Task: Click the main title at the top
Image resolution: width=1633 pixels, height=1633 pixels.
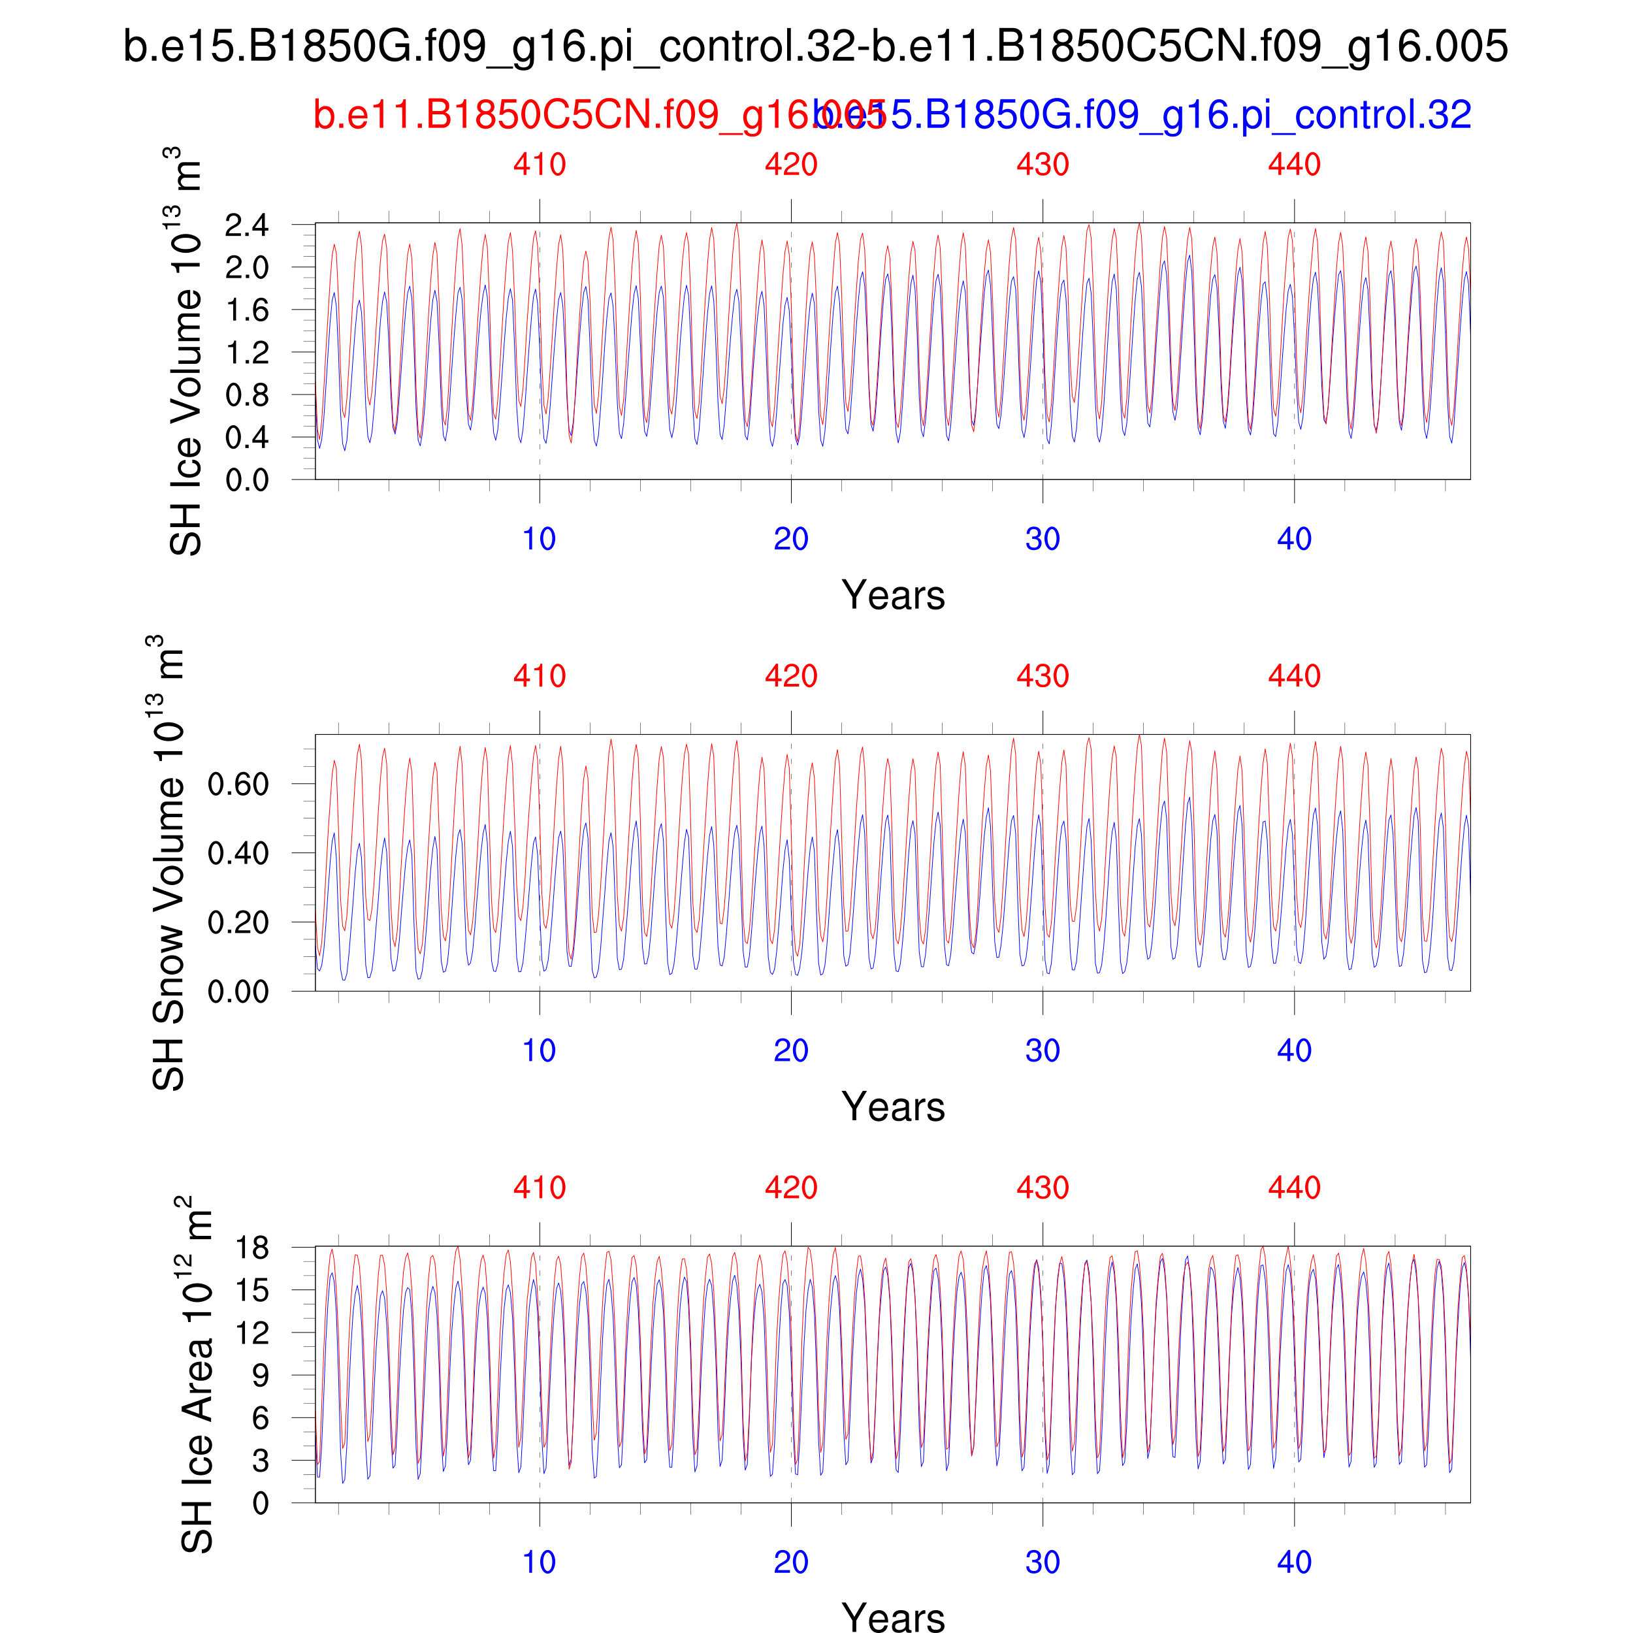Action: coord(816,46)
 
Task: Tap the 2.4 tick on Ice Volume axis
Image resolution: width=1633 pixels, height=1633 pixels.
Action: coord(247,225)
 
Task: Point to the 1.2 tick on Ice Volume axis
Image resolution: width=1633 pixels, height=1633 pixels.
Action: coord(247,353)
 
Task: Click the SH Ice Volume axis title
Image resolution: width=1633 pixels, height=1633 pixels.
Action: coord(186,351)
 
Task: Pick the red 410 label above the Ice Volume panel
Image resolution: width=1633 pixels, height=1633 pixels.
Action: coord(540,164)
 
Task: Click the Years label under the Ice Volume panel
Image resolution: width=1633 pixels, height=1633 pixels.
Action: coord(892,596)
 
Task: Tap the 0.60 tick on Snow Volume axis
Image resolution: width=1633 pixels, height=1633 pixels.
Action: coord(238,784)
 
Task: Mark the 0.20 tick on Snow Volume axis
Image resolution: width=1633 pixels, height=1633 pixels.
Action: coord(238,922)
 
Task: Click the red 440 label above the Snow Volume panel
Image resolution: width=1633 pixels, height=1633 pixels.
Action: coord(1294,676)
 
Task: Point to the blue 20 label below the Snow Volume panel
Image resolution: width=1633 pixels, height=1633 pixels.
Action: coord(791,1050)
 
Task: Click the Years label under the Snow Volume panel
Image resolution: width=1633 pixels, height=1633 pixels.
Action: coord(892,1107)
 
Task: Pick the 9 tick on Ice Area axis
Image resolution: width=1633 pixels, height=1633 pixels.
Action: coord(261,1375)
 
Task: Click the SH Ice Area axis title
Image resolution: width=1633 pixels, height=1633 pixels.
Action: coord(196,1374)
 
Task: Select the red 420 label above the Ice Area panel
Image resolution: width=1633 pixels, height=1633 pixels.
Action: coord(791,1188)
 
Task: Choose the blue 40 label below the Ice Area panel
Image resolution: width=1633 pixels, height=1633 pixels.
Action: coord(1294,1562)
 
